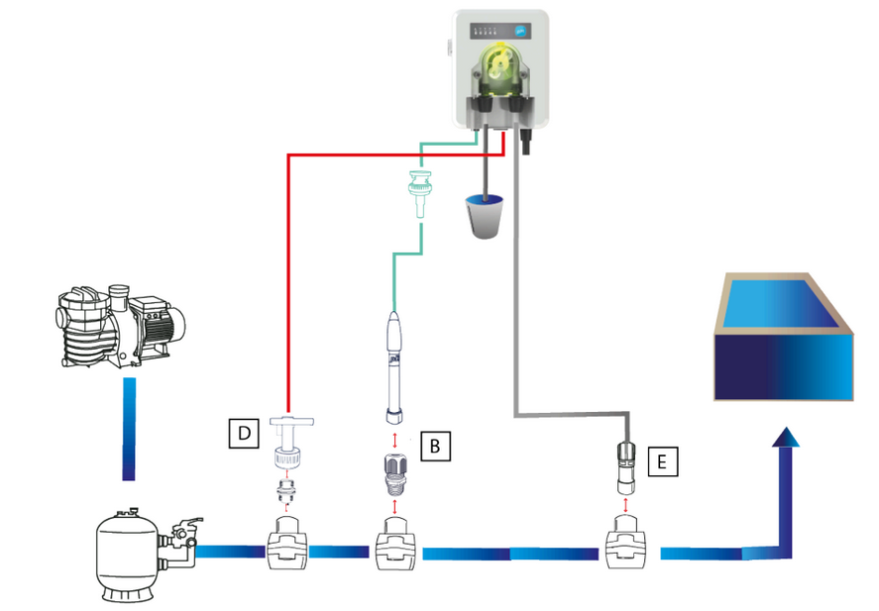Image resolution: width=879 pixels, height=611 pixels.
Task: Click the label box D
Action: click(x=244, y=433)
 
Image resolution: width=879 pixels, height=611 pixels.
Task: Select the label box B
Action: click(x=435, y=446)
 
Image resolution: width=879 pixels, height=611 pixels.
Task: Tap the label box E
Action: click(x=663, y=461)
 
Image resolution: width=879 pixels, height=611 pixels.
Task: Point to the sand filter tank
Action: click(x=129, y=554)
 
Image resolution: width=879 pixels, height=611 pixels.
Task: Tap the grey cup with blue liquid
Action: click(x=485, y=216)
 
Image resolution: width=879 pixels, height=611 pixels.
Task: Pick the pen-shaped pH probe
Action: click(x=394, y=366)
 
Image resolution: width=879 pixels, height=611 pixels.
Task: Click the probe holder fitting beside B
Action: click(x=395, y=474)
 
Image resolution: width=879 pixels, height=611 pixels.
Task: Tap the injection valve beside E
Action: click(x=626, y=467)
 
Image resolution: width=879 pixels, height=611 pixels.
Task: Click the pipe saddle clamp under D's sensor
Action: click(x=287, y=544)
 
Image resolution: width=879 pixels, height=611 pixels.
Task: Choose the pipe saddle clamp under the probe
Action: click(x=395, y=544)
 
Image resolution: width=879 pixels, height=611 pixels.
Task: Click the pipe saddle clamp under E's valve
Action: click(x=626, y=544)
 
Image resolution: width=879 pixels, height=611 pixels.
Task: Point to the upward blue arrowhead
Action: click(x=786, y=438)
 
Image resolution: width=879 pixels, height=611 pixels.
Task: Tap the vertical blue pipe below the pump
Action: click(x=129, y=429)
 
